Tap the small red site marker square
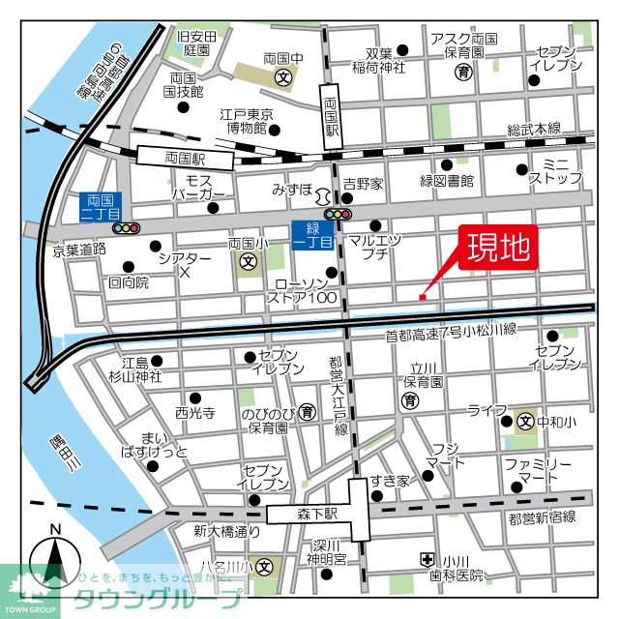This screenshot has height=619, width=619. (421, 296)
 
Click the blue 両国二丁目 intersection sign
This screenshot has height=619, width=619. (101, 204)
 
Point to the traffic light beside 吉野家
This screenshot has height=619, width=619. (339, 214)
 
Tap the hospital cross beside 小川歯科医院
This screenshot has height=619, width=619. (427, 560)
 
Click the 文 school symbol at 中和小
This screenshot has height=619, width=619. (525, 421)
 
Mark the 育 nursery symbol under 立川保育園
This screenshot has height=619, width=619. (410, 398)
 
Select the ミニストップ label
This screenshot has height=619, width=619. (562, 172)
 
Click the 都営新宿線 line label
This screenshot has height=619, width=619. (542, 517)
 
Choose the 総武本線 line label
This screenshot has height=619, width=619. (547, 128)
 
